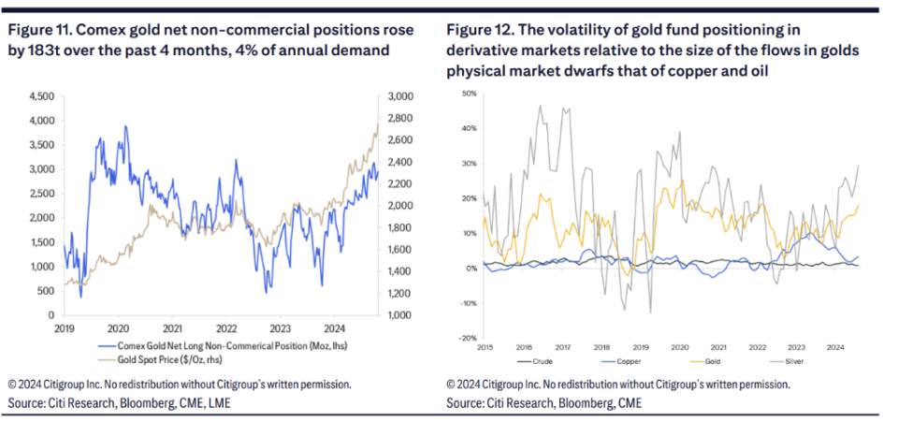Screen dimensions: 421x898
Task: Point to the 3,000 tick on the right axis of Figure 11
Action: tap(399, 96)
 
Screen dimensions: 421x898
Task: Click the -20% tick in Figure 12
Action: tap(468, 338)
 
